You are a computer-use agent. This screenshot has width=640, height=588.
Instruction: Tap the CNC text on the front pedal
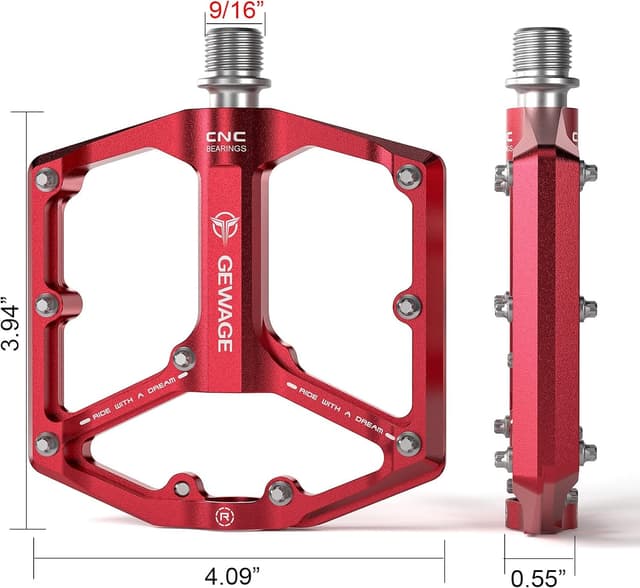coord(225,137)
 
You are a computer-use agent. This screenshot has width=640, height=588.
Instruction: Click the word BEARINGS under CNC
coord(225,149)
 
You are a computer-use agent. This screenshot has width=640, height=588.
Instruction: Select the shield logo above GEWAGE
coord(224,227)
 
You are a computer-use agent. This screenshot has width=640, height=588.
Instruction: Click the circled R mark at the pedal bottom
coord(223,517)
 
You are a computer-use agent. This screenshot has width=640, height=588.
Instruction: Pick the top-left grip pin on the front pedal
coord(46,179)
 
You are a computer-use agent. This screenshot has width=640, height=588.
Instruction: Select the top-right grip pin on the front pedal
coord(407,177)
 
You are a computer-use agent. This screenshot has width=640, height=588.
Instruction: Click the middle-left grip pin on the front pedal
coord(46,304)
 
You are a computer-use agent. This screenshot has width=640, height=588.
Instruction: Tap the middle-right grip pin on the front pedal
coord(407,305)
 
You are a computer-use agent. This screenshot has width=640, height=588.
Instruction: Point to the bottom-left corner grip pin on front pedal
coord(46,442)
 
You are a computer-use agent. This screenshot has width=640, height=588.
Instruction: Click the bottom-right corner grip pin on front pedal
coord(407,442)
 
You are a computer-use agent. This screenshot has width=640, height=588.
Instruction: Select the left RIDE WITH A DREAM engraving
coord(133,397)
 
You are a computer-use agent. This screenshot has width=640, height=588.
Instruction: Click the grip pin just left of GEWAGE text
coord(184,357)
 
